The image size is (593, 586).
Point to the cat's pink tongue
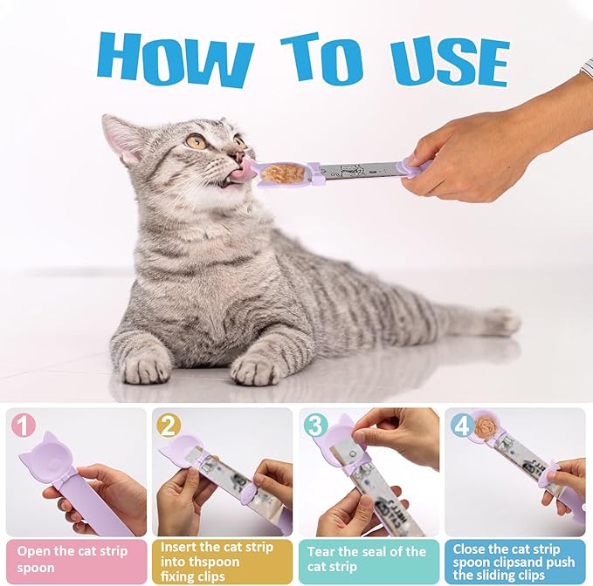click(241, 172)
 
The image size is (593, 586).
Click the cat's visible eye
click(197, 140)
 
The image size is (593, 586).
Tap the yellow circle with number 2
click(169, 426)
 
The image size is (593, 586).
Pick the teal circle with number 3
click(316, 426)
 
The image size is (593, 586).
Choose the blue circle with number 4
click(463, 426)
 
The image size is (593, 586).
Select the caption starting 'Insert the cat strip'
click(222, 560)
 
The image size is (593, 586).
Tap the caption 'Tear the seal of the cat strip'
click(368, 560)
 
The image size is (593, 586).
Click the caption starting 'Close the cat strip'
click(515, 560)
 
